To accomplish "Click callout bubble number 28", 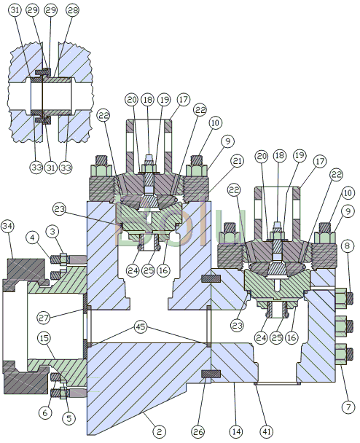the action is tap(72, 10).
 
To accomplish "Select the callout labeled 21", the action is tap(237, 161).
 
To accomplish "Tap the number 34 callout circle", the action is tap(7, 226).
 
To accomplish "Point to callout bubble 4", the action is tap(33, 238).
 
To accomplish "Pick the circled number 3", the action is tap(52, 232).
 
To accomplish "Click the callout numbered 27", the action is tap(44, 318).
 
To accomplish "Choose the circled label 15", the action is tap(44, 338).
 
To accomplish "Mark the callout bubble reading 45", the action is tap(141, 327).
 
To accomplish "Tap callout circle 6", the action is tap(45, 413).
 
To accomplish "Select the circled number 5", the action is tap(69, 418).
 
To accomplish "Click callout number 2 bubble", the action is tap(159, 431).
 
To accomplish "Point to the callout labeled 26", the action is tap(197, 431).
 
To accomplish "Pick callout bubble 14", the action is tap(236, 431).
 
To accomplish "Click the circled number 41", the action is tap(266, 431).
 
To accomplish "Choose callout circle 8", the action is tap(348, 246).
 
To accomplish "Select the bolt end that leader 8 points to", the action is tap(350, 298).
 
